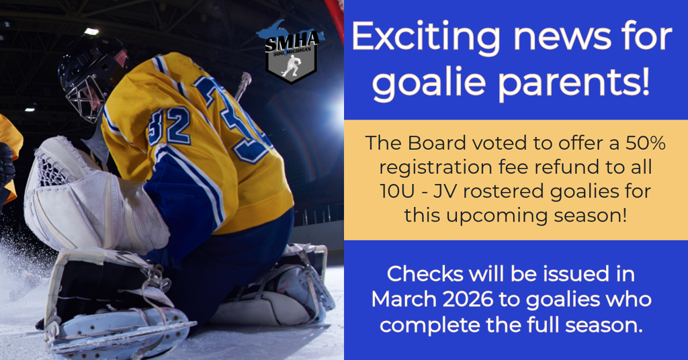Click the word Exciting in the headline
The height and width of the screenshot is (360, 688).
425,38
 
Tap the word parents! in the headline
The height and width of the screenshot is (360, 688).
574,83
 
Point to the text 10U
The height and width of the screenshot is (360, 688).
396,191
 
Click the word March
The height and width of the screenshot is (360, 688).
404,300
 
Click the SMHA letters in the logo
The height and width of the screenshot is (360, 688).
292,42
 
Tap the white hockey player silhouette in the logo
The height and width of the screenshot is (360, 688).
291,66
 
